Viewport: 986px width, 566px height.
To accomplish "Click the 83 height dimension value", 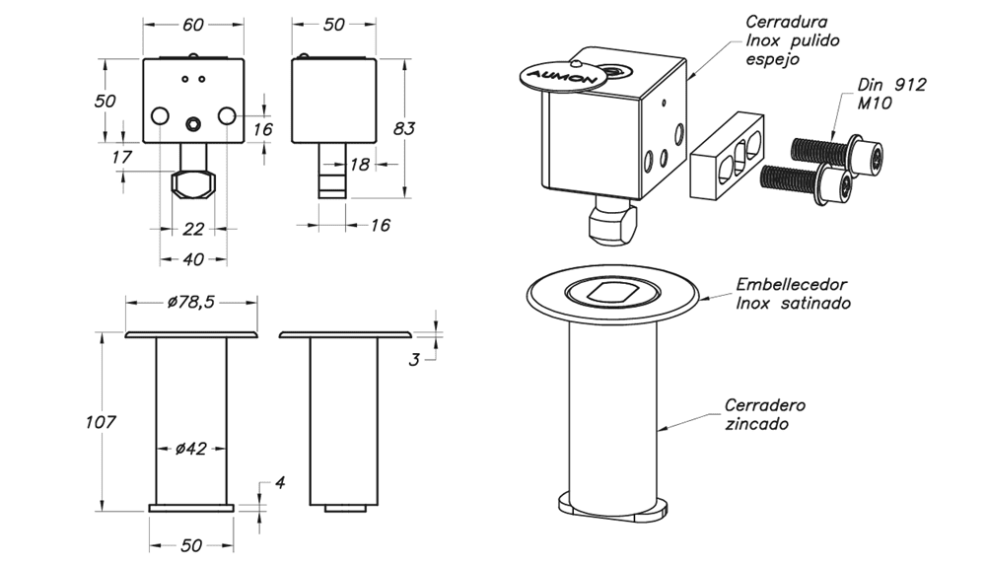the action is click(x=404, y=128).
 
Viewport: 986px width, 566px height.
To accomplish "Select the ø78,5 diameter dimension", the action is click(x=191, y=302).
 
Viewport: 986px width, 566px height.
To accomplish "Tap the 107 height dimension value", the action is click(x=101, y=421).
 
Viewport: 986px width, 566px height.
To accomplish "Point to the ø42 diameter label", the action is click(x=191, y=449).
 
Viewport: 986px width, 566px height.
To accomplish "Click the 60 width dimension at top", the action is click(x=193, y=25).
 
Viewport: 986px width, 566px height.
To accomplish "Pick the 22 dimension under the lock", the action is click(x=193, y=229).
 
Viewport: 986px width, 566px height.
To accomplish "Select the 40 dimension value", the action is click(x=193, y=258).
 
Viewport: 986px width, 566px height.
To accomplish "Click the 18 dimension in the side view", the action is click(x=359, y=164).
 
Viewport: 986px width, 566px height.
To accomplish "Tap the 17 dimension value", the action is click(x=121, y=157).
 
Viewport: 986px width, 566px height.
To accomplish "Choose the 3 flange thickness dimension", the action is click(x=414, y=360).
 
